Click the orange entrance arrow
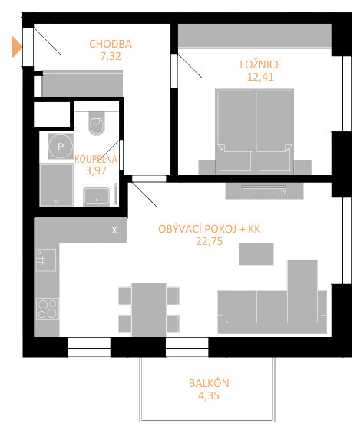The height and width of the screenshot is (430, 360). [16, 47]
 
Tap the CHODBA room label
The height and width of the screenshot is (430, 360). [111, 44]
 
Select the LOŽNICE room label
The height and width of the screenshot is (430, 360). [260, 64]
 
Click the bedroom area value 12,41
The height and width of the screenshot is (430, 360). [260, 77]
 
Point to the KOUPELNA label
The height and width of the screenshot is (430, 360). [96, 160]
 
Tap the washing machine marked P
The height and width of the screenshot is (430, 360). [61, 146]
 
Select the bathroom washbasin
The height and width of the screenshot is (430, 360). [97, 196]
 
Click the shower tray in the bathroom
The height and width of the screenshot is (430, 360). [57, 184]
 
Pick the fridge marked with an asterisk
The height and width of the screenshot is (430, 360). [114, 230]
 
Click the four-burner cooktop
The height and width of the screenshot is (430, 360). [48, 309]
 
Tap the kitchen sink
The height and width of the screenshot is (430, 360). [46, 260]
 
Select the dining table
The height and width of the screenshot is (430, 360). [149, 309]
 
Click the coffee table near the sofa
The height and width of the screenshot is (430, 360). [256, 253]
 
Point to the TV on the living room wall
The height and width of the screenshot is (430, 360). [264, 187]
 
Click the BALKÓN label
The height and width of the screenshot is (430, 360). [209, 383]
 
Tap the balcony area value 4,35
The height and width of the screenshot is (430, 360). [209, 395]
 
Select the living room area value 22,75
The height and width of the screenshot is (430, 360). [210, 241]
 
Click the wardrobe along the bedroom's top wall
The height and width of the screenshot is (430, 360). [255, 36]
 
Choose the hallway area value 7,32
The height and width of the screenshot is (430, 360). [111, 56]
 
